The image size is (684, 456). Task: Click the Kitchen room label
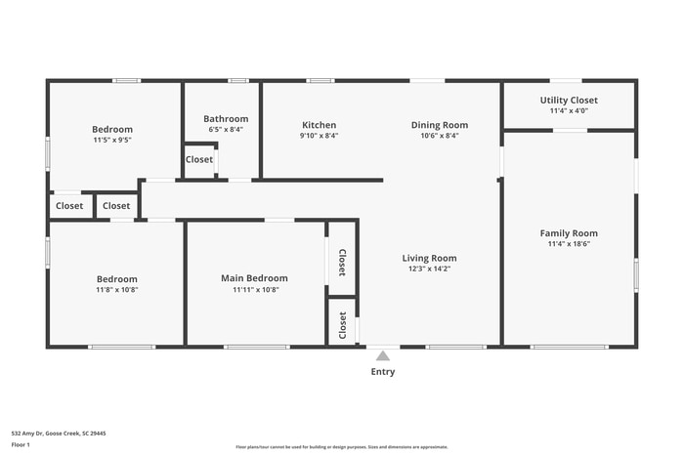pos(319,125)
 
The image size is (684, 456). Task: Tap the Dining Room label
pos(439,125)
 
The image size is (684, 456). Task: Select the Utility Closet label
pos(569,100)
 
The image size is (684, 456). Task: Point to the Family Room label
pos(569,233)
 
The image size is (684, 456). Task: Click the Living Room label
pos(429,259)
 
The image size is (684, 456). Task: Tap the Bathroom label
pos(226,119)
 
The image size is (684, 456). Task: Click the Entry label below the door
pos(383,372)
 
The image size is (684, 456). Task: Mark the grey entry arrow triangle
pos(383,354)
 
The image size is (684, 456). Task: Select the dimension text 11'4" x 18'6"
pos(569,244)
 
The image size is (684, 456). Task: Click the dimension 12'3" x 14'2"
pos(429,269)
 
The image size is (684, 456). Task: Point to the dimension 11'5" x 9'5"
pos(112,140)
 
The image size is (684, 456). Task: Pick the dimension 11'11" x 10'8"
pos(255,289)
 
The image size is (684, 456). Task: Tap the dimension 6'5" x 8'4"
pos(226,129)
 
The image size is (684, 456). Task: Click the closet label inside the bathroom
pos(199,159)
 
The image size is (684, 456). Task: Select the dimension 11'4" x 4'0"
pos(569,110)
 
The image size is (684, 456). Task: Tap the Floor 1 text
pos(21,445)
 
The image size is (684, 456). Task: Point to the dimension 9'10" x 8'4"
pos(319,136)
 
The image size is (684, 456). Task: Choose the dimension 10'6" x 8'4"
pos(439,136)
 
